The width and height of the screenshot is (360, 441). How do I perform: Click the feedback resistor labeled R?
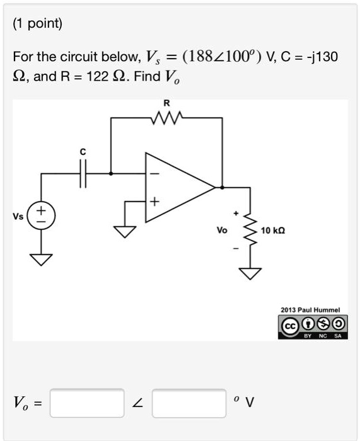click(166, 118)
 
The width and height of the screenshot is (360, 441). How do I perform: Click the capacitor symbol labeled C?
click(83, 174)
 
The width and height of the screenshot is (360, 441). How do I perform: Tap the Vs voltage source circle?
click(41, 215)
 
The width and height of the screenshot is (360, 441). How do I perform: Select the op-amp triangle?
click(180, 187)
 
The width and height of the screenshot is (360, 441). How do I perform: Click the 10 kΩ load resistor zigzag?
click(250, 229)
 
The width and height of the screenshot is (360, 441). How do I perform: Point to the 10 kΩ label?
click(273, 231)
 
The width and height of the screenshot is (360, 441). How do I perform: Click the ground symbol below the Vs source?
click(41, 260)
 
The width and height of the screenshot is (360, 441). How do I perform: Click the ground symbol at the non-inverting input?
click(125, 232)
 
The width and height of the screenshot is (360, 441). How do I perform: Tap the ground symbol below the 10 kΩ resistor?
click(250, 273)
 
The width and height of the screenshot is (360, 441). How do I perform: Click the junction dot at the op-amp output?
click(222, 187)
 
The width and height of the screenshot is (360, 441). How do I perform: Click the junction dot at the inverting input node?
click(111, 174)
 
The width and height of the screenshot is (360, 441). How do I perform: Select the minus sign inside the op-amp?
click(154, 174)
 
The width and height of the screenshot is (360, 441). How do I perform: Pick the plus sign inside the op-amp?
click(154, 202)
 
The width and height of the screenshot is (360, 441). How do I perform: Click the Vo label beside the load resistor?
click(222, 231)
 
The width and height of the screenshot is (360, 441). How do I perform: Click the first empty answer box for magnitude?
click(87, 403)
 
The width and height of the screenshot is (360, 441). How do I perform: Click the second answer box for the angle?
click(189, 403)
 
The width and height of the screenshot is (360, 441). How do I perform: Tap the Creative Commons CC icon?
click(290, 326)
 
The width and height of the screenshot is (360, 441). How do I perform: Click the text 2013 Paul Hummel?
click(310, 310)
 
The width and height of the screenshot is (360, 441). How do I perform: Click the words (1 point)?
click(37, 24)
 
